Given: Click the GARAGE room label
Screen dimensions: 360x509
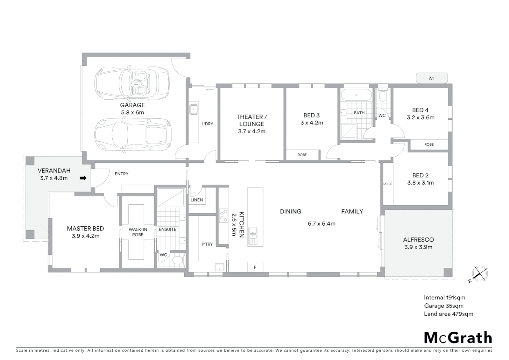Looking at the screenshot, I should tap(132, 105).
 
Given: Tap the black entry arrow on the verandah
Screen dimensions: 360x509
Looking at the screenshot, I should tap(83, 178).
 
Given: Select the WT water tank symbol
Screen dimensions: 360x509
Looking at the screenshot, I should tap(432, 78).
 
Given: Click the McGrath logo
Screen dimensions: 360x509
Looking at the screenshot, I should tap(458, 337).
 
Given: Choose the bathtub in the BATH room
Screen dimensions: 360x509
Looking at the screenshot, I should tap(356, 95).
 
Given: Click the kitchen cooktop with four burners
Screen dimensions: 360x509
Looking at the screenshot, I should tap(224, 216).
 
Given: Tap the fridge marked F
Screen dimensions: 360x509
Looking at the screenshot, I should tap(255, 267).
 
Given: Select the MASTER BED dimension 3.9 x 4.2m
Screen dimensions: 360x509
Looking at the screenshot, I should tap(85, 236).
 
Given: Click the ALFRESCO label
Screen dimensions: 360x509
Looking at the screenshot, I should tap(418, 240).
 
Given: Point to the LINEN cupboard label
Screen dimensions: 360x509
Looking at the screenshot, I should tap(197, 200).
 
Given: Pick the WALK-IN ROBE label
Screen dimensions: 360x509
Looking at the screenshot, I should tap(138, 232).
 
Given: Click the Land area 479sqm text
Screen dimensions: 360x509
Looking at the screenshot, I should tap(448, 314).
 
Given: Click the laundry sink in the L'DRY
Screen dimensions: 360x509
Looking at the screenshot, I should tap(194, 109).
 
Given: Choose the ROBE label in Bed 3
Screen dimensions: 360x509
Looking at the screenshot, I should tap(302, 155).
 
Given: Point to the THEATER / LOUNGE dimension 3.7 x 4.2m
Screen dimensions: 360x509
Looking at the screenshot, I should tap(252, 131).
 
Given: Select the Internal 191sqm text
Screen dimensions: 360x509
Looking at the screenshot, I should tap(444, 298).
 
